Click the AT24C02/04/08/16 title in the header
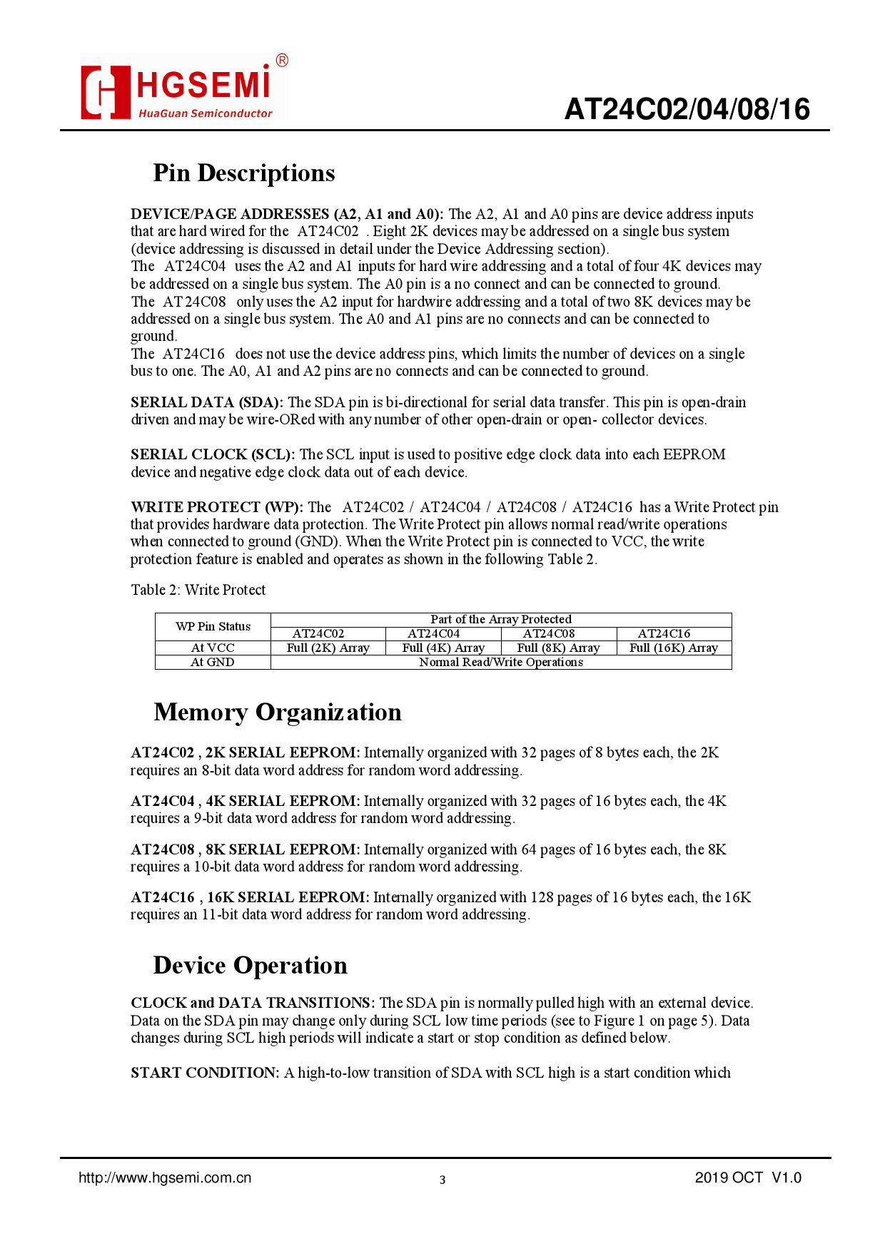[x=687, y=109]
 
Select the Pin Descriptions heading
[x=244, y=173]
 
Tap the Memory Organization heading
[x=278, y=713]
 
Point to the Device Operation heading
[x=250, y=966]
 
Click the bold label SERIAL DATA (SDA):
[x=207, y=402]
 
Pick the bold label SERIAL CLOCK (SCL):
[x=213, y=454]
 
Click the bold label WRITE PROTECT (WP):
[x=217, y=507]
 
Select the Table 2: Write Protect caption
[x=198, y=590]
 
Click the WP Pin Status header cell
[x=213, y=626]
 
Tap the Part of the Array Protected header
[x=501, y=619]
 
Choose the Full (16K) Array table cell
[x=674, y=648]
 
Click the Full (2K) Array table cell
[x=328, y=648]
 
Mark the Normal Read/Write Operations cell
[x=501, y=662]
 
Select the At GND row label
[x=213, y=662]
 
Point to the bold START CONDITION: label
[x=205, y=1073]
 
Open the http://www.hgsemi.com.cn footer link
[x=165, y=1178]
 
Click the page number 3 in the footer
[x=442, y=1180]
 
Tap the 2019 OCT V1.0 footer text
[x=748, y=1178]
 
